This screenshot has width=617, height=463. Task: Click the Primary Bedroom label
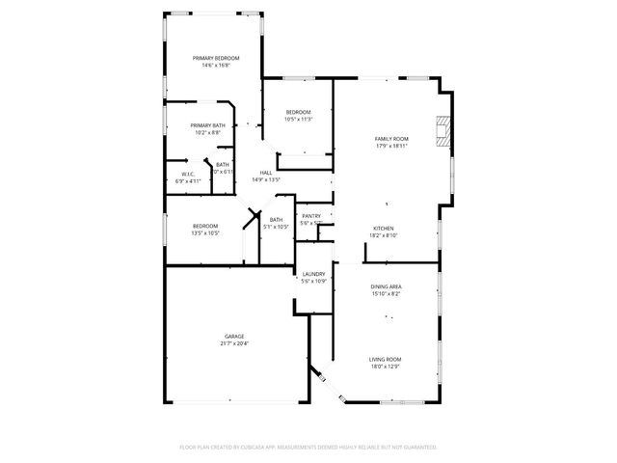click(215, 59)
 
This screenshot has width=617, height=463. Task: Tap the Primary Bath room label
click(207, 125)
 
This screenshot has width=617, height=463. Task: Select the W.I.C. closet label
click(189, 175)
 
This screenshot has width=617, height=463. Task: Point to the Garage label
click(235, 337)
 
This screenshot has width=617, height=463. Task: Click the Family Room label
click(391, 139)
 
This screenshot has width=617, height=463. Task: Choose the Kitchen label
click(385, 229)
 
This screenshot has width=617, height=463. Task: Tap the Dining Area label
click(386, 287)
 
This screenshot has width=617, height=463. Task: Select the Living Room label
click(385, 360)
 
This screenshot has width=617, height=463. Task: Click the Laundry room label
click(313, 274)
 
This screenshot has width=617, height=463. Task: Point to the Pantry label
click(310, 216)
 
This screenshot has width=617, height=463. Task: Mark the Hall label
click(265, 173)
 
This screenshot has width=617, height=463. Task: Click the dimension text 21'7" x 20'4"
click(235, 344)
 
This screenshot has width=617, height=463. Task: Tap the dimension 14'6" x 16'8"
click(215, 66)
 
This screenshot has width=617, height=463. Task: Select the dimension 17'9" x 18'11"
click(391, 146)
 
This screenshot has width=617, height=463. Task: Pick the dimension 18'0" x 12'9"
click(385, 367)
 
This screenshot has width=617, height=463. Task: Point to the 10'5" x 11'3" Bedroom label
click(299, 113)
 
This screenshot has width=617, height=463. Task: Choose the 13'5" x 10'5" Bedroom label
click(204, 226)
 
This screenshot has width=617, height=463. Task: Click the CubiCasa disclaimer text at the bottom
click(308, 448)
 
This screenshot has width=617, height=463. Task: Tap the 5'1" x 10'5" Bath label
click(277, 220)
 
